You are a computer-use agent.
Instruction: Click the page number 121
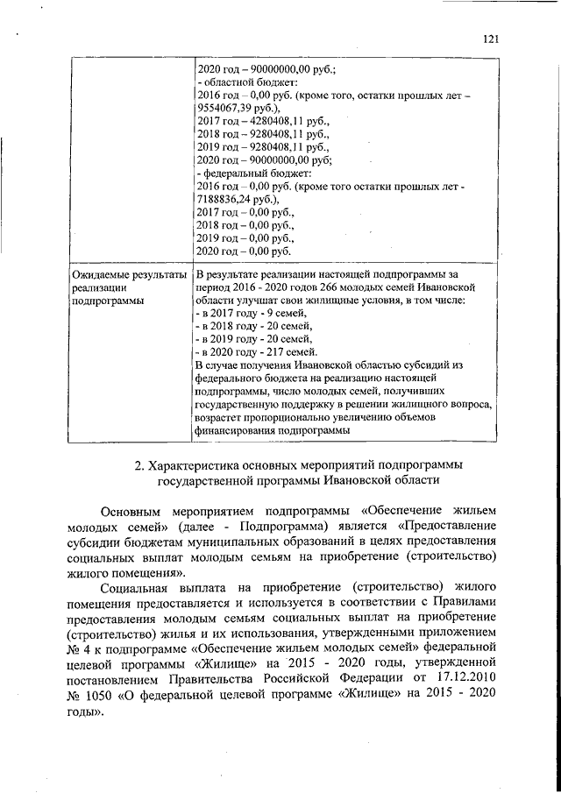(490, 39)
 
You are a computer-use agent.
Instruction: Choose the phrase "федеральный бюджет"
(244, 173)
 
